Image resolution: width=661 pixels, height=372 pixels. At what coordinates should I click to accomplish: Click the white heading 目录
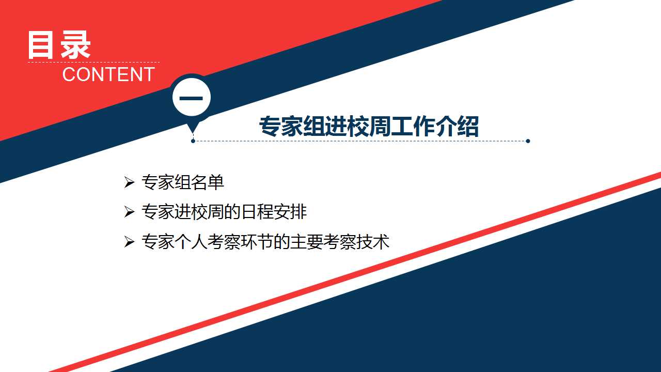[59, 45]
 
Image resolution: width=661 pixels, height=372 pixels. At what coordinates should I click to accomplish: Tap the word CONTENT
[108, 74]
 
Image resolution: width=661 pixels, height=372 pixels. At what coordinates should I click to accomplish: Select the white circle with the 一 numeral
[192, 97]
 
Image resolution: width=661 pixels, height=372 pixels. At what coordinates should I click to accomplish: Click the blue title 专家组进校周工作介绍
[369, 127]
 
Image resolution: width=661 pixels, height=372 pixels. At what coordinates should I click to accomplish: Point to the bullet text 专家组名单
[183, 182]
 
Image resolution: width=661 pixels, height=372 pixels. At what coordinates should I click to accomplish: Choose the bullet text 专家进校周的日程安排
[224, 212]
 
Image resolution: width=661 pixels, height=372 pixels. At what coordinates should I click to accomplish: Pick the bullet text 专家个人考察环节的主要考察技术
[265, 241]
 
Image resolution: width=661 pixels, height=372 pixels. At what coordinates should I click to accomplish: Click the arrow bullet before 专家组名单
[129, 182]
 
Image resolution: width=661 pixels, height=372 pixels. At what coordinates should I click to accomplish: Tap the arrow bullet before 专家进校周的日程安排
[129, 212]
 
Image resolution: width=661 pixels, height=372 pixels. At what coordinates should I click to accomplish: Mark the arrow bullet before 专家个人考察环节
[129, 242]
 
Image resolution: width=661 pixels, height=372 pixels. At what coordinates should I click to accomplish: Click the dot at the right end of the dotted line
[528, 141]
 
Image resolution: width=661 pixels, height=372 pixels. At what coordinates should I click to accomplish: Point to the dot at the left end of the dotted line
[193, 141]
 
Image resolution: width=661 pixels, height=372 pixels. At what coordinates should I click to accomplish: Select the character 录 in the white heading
[75, 45]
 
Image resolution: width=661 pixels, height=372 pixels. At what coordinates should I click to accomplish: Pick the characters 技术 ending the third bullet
[373, 241]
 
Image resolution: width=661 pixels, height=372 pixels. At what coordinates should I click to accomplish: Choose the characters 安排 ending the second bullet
[290, 212]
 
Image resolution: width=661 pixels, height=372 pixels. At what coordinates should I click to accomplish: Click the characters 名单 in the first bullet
[208, 182]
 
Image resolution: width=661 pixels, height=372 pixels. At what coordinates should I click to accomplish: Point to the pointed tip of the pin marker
[193, 133]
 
